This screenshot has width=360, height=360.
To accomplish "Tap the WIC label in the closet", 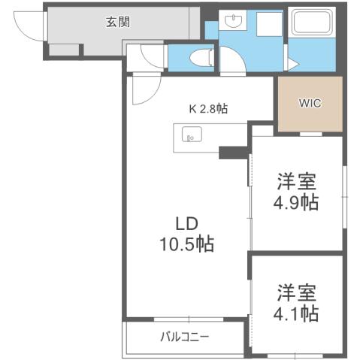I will click(310, 103).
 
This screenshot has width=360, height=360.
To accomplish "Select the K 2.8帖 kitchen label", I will click(207, 108).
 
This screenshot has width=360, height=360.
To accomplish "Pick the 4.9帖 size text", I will click(295, 202).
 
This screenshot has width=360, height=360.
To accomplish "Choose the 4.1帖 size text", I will click(295, 312).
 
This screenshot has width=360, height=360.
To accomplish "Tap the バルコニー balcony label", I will click(184, 336).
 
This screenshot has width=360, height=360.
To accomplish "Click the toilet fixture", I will click(199, 56).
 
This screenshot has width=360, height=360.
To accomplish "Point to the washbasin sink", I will click(232, 22).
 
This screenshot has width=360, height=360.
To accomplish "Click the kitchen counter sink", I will click(190, 136).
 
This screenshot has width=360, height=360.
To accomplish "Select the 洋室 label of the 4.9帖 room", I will click(295, 180).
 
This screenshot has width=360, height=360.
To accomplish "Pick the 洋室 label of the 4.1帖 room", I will click(295, 290).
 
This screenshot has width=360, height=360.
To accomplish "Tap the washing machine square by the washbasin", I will click(268, 28).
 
